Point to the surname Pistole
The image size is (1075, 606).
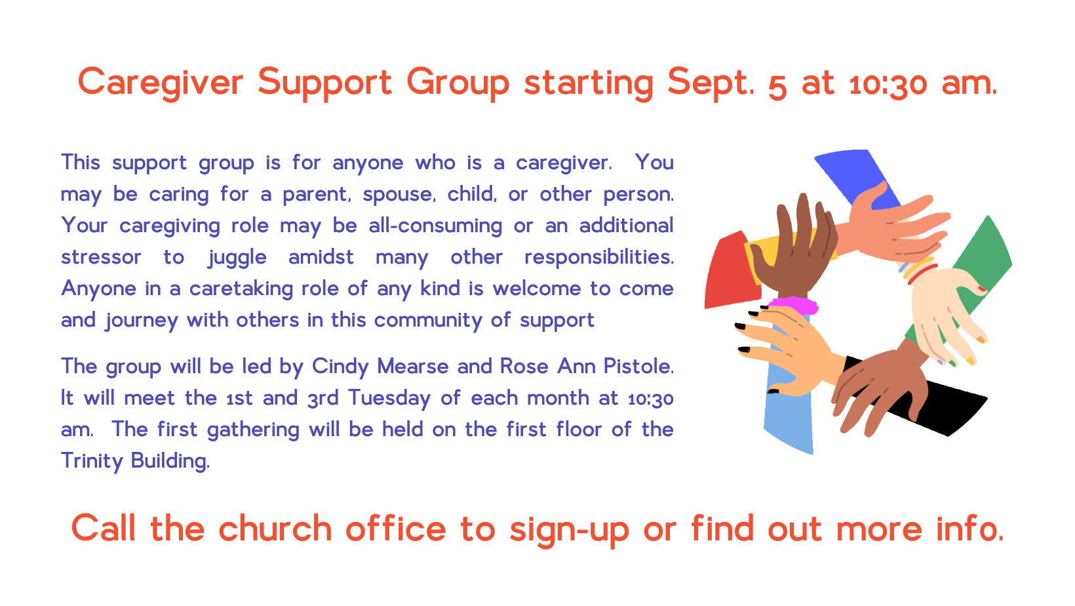point(638,366)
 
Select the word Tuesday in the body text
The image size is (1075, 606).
point(389,399)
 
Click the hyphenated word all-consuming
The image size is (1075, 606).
point(435,226)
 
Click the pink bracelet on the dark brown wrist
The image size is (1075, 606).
point(793,304)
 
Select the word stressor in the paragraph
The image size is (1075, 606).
point(101,257)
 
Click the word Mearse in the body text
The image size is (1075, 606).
point(413,366)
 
